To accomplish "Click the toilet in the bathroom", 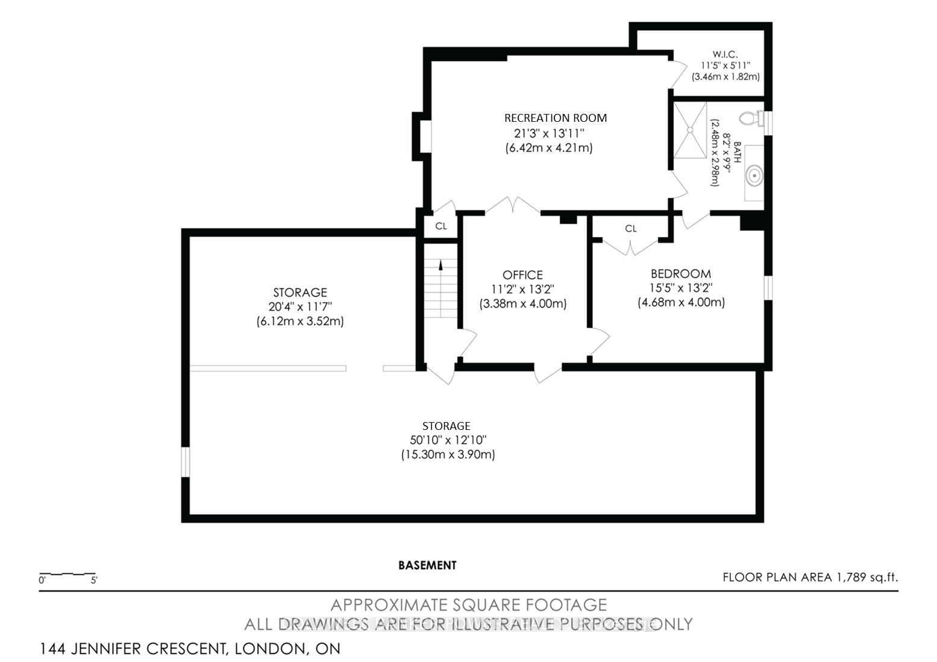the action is click(x=751, y=118).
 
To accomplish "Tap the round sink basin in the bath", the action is click(x=754, y=176).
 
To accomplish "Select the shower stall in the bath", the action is click(x=690, y=130).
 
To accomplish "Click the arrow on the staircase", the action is click(x=440, y=265).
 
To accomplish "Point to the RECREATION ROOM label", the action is click(x=556, y=118).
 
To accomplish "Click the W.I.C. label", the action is click(x=725, y=54).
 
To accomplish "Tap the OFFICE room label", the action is click(x=522, y=275).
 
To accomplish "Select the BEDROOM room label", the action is click(x=680, y=274).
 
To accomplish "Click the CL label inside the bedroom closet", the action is click(x=631, y=229).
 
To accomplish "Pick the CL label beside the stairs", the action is click(x=441, y=226).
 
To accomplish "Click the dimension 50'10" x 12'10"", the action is click(x=448, y=440).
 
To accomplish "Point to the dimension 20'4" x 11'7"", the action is click(x=300, y=307).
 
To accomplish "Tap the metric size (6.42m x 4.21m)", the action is click(x=549, y=148).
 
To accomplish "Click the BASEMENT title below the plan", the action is click(x=427, y=566).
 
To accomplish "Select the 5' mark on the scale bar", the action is click(x=94, y=581).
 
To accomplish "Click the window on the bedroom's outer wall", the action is click(x=768, y=288).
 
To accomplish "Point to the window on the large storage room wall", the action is click(x=186, y=462).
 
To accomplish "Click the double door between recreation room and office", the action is click(x=513, y=206).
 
